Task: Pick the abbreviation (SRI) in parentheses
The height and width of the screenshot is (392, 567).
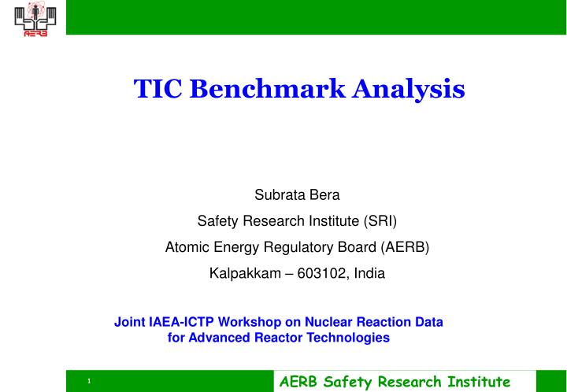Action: [381, 220]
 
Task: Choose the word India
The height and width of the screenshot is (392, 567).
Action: [370, 274]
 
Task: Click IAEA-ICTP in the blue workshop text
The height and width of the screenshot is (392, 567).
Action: [176, 322]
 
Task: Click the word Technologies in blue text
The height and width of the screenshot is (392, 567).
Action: [352, 338]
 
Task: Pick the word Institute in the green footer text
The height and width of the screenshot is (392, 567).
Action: [476, 382]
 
